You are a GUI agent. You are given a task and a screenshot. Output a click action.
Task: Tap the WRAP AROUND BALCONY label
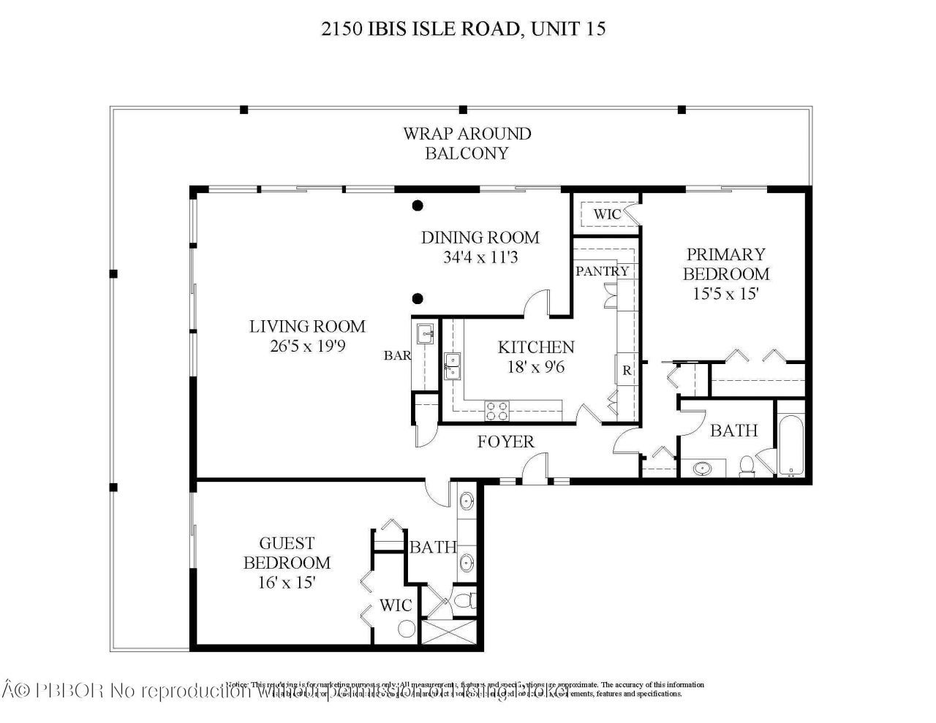[467, 143]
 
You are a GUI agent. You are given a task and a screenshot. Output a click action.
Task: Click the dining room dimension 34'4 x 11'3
[480, 257]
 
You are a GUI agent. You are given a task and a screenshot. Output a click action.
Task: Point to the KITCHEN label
[536, 347]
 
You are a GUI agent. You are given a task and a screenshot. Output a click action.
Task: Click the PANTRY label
[602, 271]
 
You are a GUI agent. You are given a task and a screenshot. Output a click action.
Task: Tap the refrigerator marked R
[627, 369]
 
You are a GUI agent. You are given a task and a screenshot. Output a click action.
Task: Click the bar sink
[425, 335]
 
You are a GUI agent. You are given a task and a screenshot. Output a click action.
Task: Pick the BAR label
[397, 356]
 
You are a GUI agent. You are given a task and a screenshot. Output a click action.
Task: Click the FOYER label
[506, 442]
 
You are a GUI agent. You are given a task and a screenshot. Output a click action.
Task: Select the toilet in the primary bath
[747, 466]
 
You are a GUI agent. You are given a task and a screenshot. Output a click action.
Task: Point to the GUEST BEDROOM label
[287, 553]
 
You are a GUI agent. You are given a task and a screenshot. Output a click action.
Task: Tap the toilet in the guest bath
[464, 602]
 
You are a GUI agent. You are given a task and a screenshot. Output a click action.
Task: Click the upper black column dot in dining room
[417, 205]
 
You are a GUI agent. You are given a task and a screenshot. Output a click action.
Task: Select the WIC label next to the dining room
[606, 214]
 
